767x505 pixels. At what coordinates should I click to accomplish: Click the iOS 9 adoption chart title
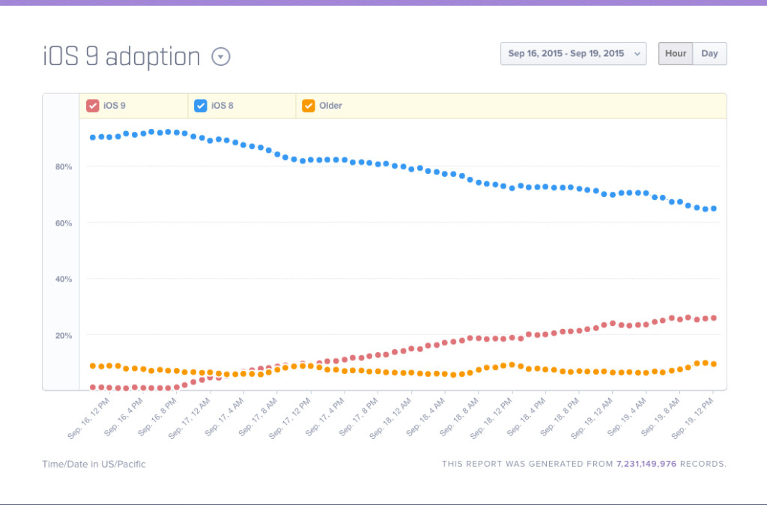121,57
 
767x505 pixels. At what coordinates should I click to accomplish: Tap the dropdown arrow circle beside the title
221,57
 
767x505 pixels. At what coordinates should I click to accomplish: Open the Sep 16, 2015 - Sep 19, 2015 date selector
573,54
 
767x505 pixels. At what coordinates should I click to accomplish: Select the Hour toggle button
675,54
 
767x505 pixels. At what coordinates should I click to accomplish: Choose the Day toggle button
709,54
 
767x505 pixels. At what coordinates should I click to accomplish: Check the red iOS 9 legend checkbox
93,106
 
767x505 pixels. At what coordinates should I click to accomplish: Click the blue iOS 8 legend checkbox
201,106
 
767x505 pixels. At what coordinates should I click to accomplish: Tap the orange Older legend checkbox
309,106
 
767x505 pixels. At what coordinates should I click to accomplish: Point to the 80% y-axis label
64,166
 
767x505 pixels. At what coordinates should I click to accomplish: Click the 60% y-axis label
64,223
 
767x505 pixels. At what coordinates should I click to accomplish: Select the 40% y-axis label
64,279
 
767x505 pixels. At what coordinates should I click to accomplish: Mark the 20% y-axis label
64,335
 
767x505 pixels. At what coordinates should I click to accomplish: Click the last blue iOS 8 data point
714,208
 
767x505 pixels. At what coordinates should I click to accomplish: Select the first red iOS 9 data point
93,387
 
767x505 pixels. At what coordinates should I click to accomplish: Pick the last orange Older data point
714,364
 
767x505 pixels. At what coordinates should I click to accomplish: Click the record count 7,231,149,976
646,464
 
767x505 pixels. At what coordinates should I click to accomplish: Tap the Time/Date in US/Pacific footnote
94,464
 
